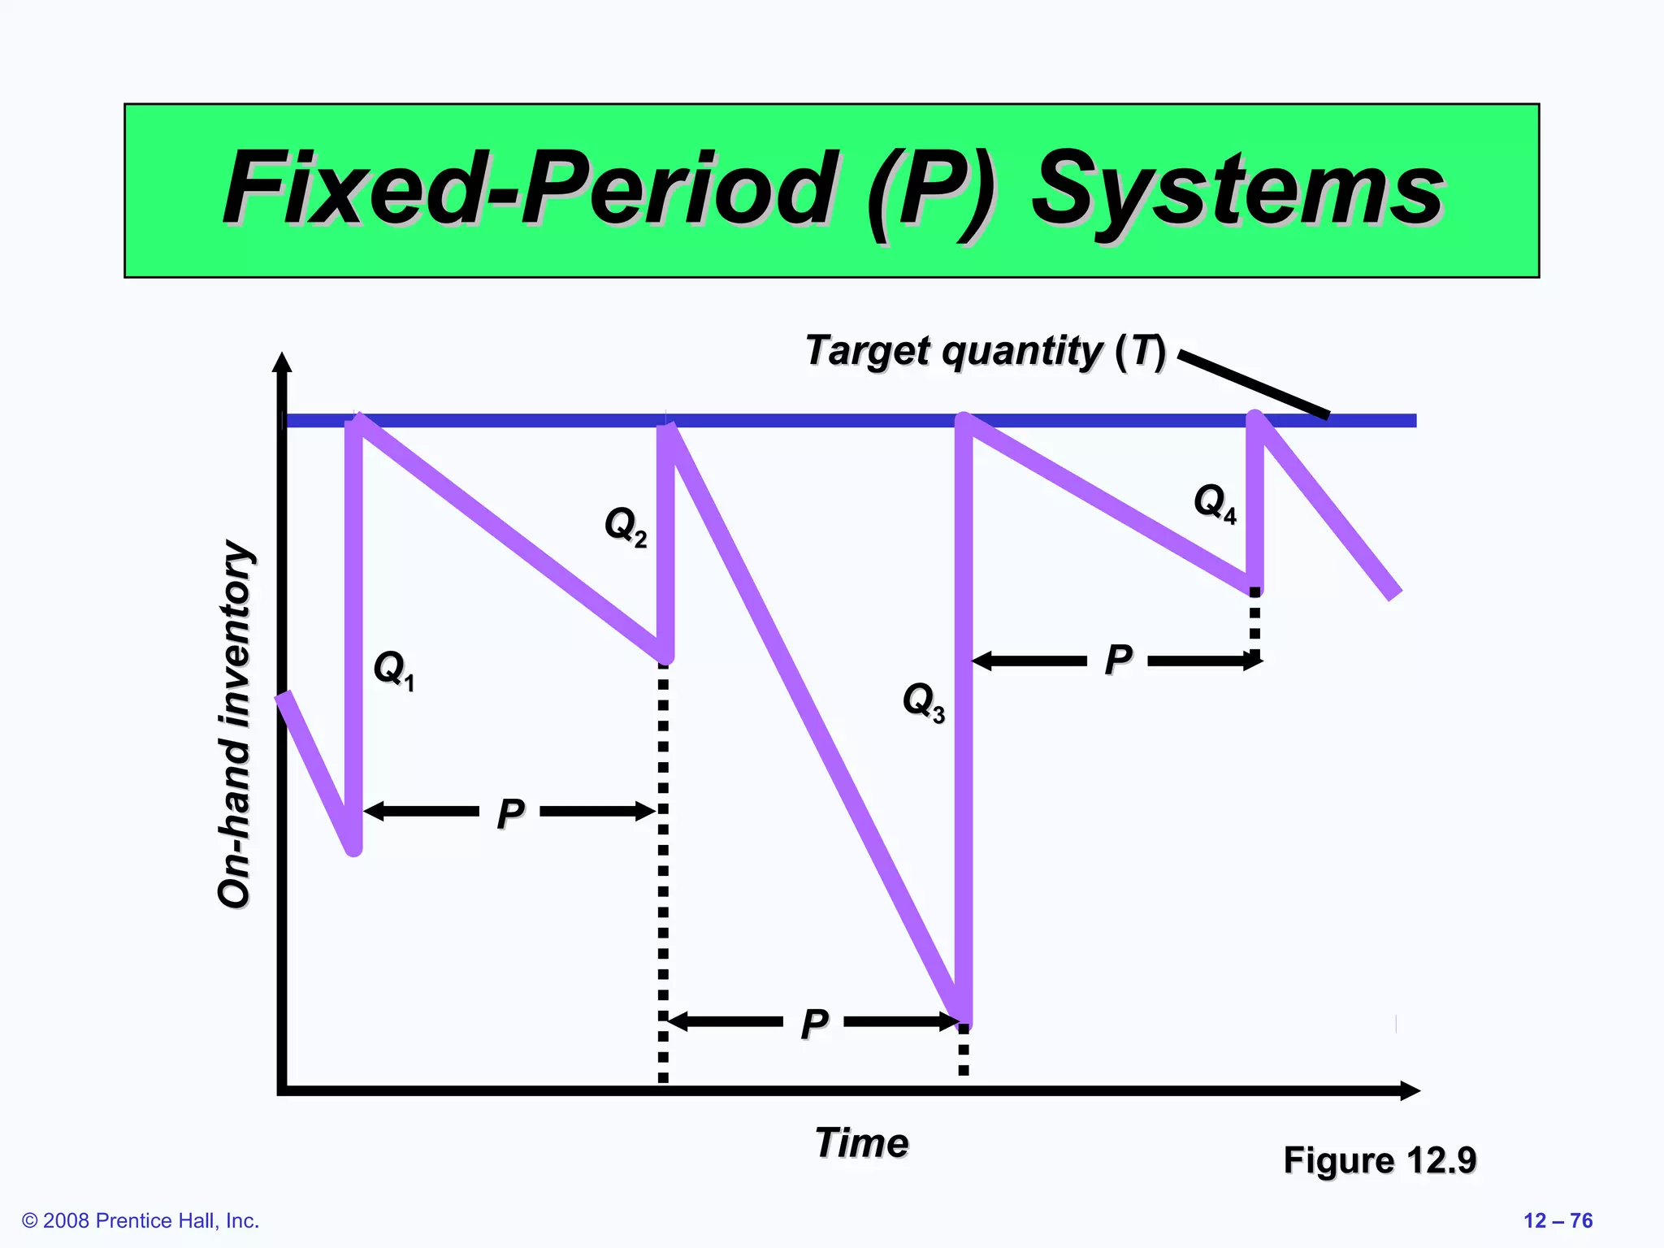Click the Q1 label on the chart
[393, 669]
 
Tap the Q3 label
[924, 700]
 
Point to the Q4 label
[1215, 502]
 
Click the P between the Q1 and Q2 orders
[510, 812]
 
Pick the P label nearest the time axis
[814, 1023]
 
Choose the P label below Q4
[1118, 659]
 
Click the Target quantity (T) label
[985, 351]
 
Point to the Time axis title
[861, 1142]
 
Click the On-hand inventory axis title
[236, 723]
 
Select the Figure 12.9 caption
[1380, 1159]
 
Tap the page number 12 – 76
[1558, 1220]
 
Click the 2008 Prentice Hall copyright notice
[141, 1220]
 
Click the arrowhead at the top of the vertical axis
[282, 362]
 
